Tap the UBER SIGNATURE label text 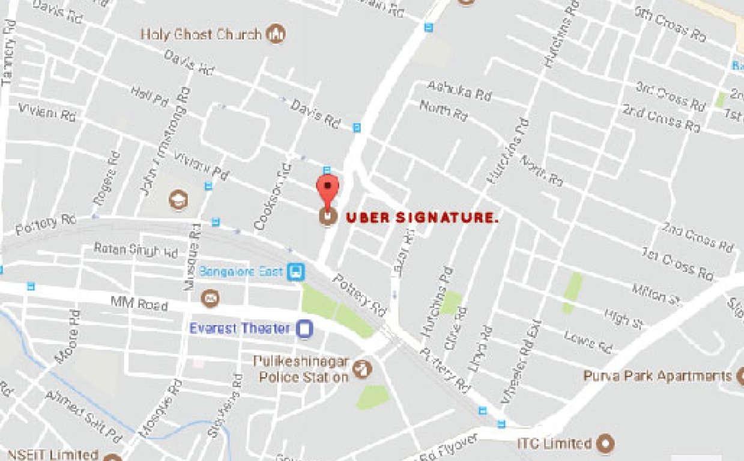coord(422,218)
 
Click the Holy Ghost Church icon coord(276,34)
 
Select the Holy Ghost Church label coord(201,34)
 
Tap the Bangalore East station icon coord(295,272)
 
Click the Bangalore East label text coord(241,272)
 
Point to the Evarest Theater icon coord(305,329)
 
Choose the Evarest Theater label coord(240,328)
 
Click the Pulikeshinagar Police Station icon coord(361,369)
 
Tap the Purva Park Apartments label coord(658,376)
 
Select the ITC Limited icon coord(606,444)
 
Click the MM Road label coord(139,303)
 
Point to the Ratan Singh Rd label coord(136,250)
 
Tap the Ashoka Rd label coord(459,91)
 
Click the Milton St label coord(658,294)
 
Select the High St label coord(624,318)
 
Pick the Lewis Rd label coord(588,343)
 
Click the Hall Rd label coord(150,97)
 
